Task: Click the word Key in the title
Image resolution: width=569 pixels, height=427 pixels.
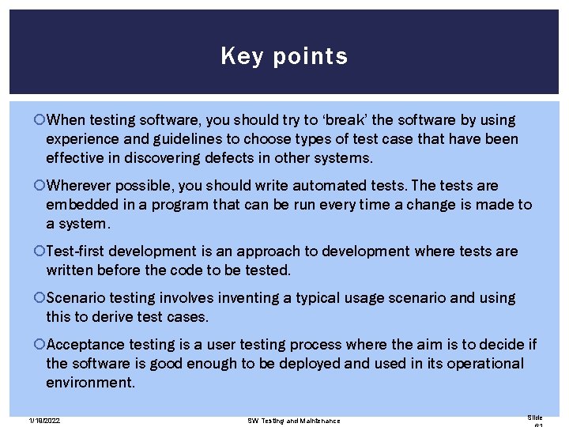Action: (236, 56)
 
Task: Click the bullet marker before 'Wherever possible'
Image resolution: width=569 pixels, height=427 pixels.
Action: (41, 186)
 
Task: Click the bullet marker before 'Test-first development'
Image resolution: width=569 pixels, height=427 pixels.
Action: (41, 251)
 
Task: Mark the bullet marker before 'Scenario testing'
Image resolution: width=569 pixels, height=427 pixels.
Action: (41, 298)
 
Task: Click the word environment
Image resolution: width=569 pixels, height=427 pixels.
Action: (89, 383)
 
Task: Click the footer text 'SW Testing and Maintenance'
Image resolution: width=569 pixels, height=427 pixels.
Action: (293, 421)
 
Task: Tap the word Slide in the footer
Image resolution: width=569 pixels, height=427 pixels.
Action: (535, 417)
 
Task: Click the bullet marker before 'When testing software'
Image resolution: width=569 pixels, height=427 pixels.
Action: (41, 120)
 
